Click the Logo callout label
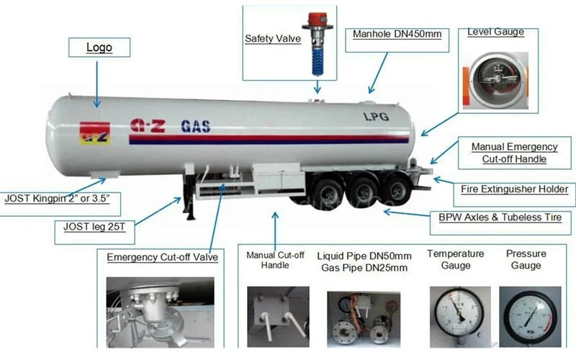point(99,48)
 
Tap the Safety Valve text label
point(273,39)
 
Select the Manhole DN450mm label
point(397,34)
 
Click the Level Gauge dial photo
point(497,81)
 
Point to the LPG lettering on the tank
point(376,117)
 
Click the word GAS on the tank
point(195,127)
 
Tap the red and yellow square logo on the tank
point(95,132)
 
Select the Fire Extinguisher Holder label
point(514,189)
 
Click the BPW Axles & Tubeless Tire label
point(500,217)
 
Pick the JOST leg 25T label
point(94,227)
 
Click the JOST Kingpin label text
point(58,199)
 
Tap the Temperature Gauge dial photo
point(460,317)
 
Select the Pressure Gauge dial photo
point(530,317)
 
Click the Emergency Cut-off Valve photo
point(160,312)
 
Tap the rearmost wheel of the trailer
point(397,190)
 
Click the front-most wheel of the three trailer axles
point(329,192)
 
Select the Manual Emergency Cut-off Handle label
point(514,153)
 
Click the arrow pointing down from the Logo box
point(97,84)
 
